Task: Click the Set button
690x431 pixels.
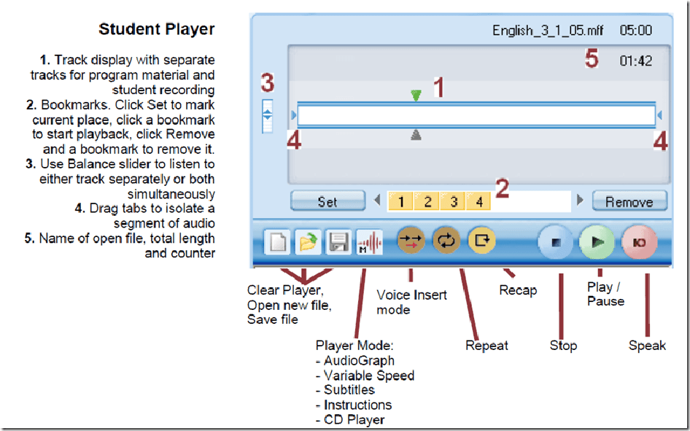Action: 327,201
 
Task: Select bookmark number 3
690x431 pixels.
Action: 453,201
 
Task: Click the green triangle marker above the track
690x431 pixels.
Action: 416,95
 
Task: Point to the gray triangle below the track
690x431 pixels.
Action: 416,134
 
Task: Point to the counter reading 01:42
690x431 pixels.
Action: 636,61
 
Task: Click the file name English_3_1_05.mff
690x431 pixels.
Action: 543,31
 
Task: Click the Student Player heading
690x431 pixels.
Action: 156,30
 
